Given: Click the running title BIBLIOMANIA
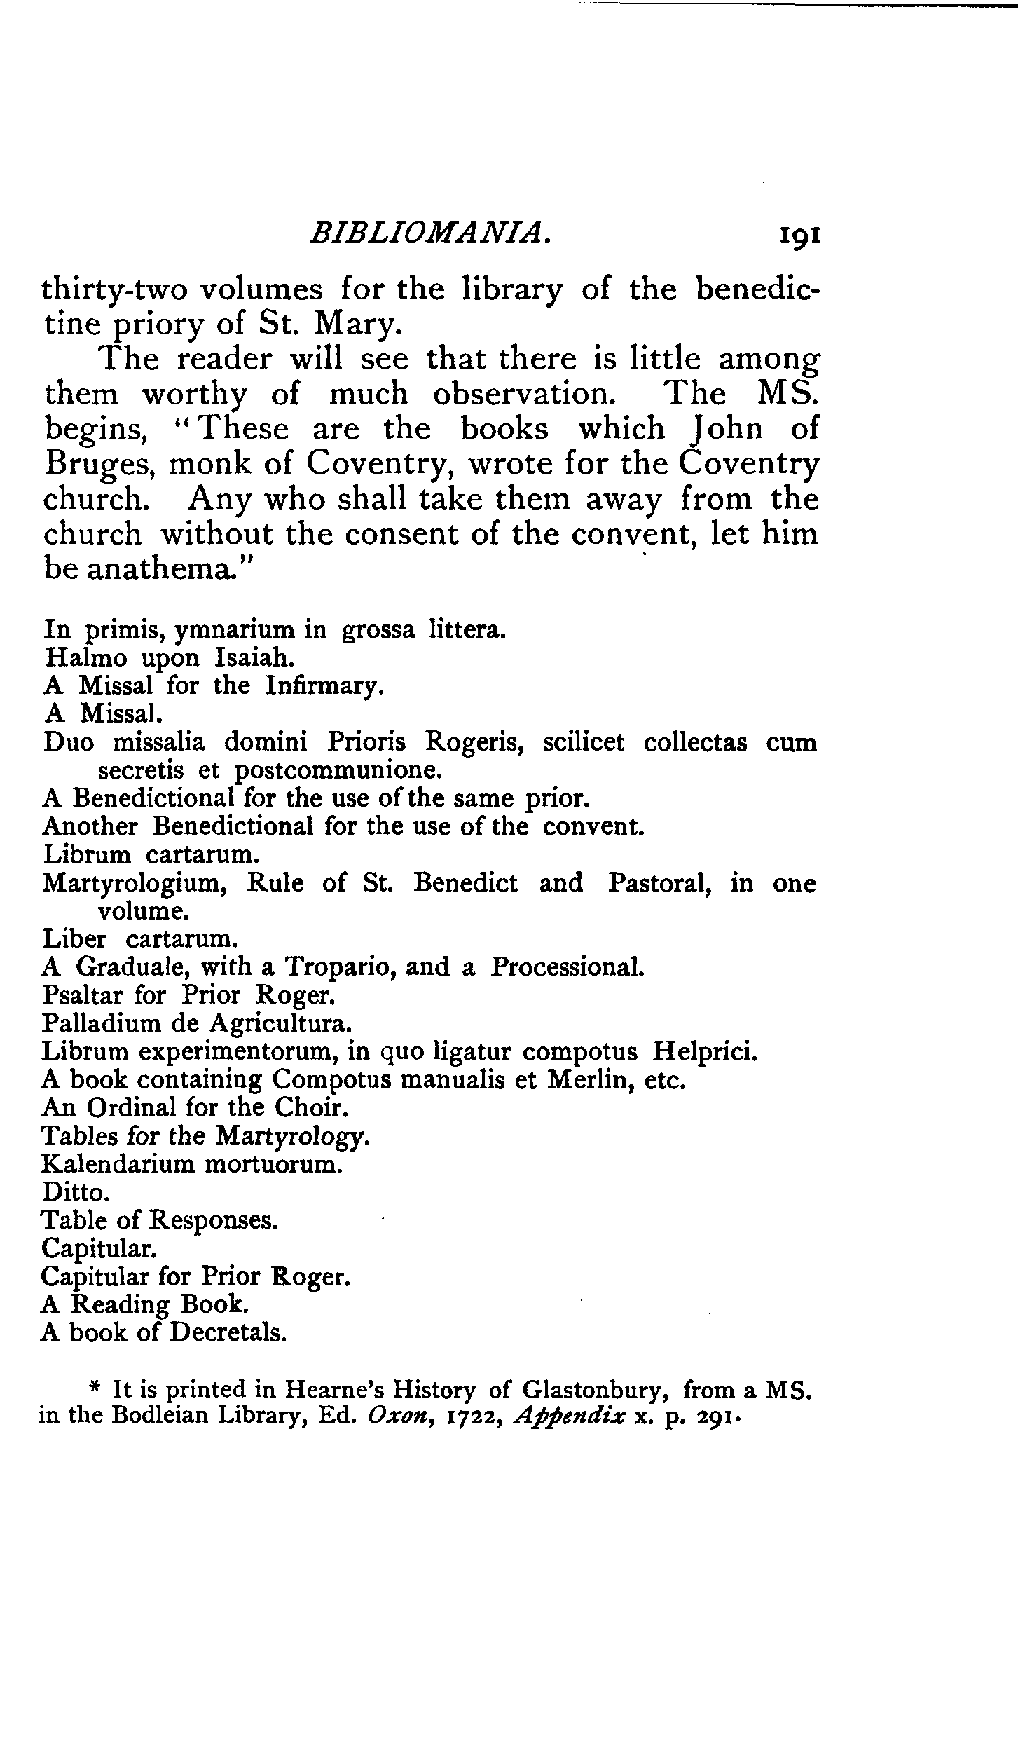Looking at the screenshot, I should pos(428,233).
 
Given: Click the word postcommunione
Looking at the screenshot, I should pos(339,771).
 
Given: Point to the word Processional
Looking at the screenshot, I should pos(566,968).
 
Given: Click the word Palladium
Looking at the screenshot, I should pos(102,1024).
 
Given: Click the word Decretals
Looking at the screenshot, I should pos(228,1332).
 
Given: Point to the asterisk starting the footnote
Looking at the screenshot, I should pos(95,1388).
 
